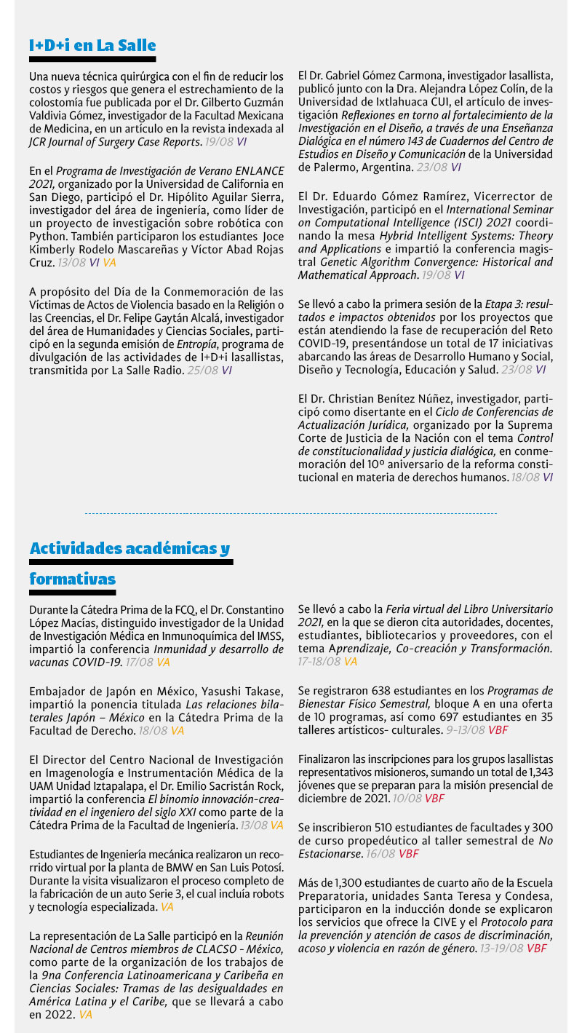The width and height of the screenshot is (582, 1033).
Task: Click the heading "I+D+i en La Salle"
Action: click(92, 46)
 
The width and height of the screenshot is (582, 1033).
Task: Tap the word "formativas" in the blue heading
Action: click(72, 579)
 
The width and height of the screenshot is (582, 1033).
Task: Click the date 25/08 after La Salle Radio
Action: click(202, 371)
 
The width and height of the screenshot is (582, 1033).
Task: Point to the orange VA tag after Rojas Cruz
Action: click(109, 262)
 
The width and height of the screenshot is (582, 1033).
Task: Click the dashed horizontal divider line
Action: click(291, 513)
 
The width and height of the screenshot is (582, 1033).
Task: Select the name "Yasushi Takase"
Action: click(220, 691)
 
